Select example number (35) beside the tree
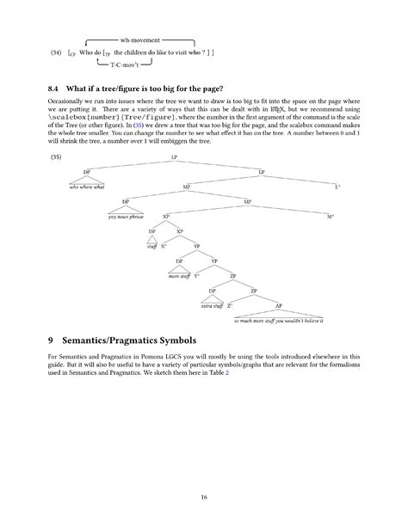[57, 158]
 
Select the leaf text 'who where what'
[87, 187]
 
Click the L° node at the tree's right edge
[337, 187]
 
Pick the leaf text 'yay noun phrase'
[126, 217]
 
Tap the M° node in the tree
[330, 217]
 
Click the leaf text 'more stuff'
[179, 276]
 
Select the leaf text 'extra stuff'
[212, 306]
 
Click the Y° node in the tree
[196, 276]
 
